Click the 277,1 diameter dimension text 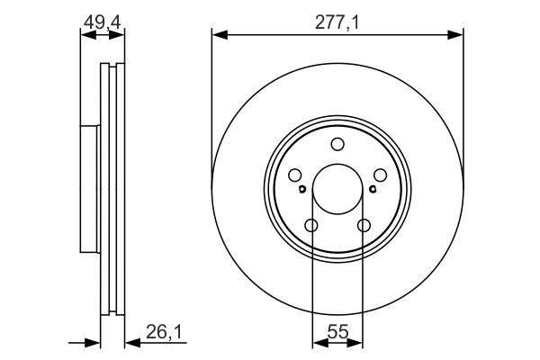tap(337, 23)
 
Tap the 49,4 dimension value tap(103, 22)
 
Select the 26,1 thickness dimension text tap(164, 332)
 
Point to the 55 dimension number tap(337, 332)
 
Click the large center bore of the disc tap(337, 189)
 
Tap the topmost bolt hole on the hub tap(337, 144)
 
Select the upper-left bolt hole tap(295, 175)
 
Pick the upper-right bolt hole tap(380, 175)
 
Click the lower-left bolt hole tap(311, 226)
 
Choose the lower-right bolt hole tap(364, 226)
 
